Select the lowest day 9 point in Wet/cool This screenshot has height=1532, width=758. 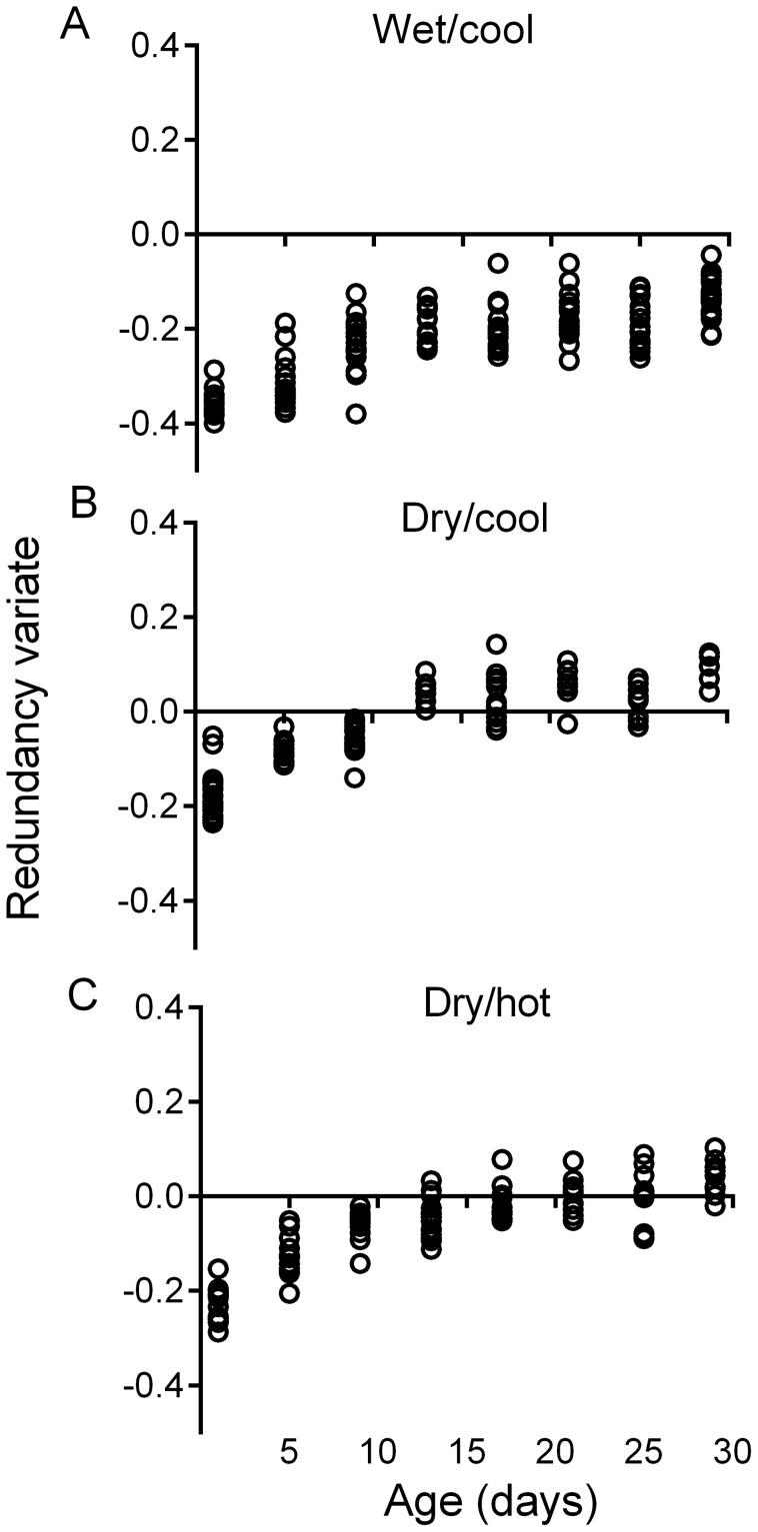coord(356,414)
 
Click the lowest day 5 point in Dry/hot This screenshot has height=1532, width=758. coord(290,1292)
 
